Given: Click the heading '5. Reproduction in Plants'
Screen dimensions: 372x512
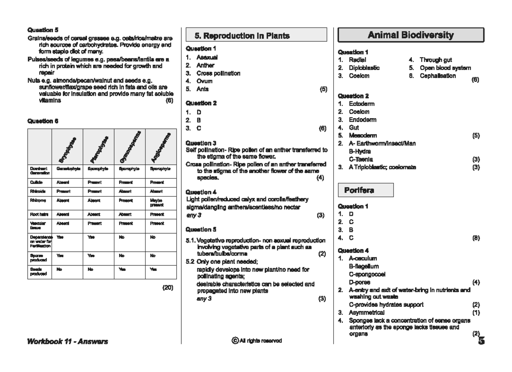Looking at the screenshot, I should (242, 36).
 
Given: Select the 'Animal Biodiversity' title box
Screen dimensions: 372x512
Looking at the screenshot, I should (410, 35).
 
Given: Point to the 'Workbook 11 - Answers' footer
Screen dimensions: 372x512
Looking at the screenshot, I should (67, 341).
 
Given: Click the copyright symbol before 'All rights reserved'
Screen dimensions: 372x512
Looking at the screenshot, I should (235, 340).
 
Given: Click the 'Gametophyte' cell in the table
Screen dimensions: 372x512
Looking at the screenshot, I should (68, 169).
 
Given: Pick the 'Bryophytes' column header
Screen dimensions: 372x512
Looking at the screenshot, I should (67, 150).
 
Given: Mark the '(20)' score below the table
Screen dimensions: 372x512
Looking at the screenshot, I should (168, 288).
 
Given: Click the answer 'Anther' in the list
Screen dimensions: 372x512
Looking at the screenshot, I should (205, 65).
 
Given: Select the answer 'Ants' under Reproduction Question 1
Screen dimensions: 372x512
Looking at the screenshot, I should (203, 89).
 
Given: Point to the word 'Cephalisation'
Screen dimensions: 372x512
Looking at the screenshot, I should (437, 76).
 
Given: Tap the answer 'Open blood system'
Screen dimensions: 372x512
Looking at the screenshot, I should (445, 68).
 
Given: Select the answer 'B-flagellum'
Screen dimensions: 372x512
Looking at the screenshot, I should (364, 266).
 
